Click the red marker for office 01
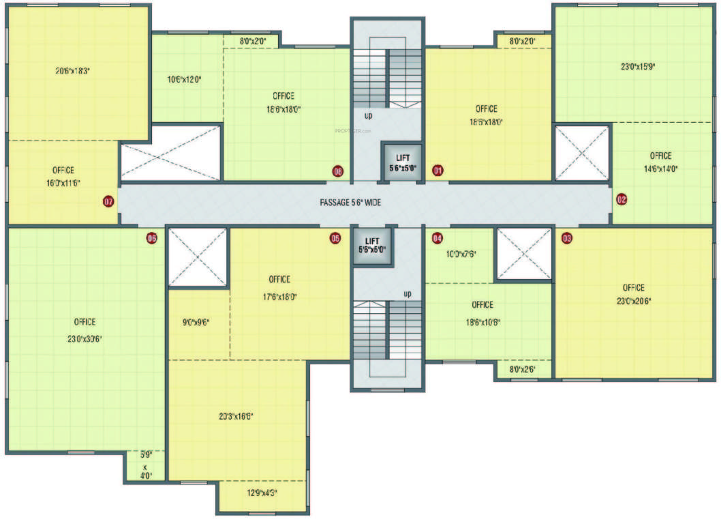pos(438,171)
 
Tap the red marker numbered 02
pos(621,200)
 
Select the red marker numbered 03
pos(567,238)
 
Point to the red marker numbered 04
pos(438,238)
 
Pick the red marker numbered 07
pos(108,201)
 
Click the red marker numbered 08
pos(337,171)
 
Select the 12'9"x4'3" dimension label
pos(261,493)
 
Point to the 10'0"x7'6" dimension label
pos(460,254)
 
